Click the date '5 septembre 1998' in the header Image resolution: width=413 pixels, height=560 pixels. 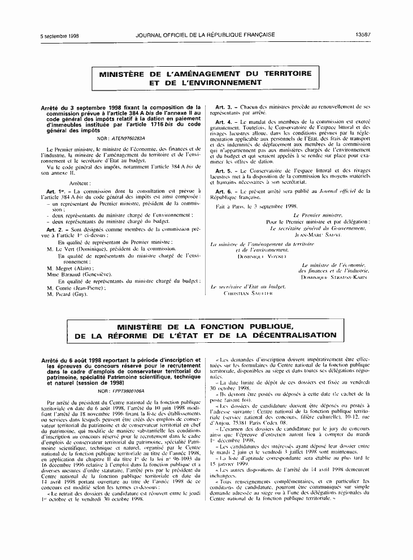click(59, 35)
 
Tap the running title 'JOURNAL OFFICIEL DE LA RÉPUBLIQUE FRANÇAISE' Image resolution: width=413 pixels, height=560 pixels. click(206, 35)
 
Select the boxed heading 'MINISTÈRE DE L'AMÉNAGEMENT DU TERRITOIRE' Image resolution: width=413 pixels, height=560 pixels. click(206, 74)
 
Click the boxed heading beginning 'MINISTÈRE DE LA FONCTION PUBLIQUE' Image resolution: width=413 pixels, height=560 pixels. click(206, 326)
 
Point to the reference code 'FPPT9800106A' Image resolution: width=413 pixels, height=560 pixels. click(129, 391)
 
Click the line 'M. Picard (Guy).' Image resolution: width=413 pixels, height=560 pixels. click(67, 295)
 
